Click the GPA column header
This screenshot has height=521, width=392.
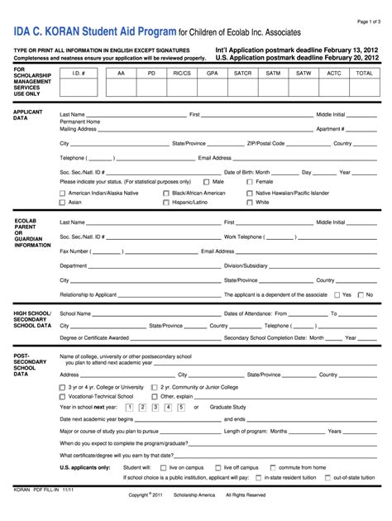pyautogui.click(x=213, y=73)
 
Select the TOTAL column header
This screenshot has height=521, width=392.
pyautogui.click(x=364, y=73)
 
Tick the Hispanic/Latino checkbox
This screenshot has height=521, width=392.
pyautogui.click(x=166, y=202)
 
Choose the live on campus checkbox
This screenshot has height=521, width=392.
pyautogui.click(x=164, y=467)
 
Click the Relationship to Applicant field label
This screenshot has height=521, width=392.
pyautogui.click(x=88, y=294)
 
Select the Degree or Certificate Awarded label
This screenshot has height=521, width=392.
pyautogui.click(x=94, y=337)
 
